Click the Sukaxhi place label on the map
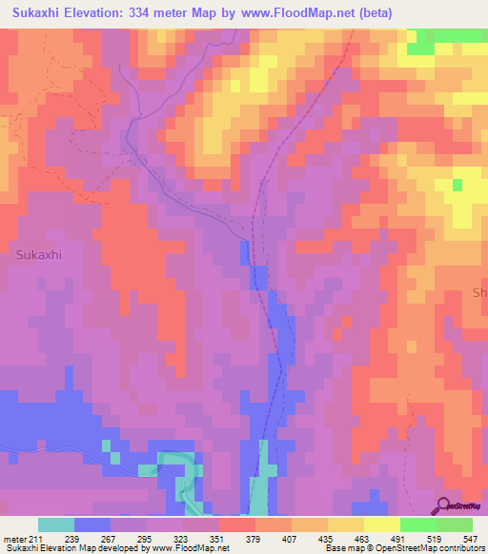40,255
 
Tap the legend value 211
37,540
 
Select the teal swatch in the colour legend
56,525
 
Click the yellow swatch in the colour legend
382,525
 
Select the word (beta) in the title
385,12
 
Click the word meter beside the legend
16,540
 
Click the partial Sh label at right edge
479,294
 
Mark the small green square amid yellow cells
458,185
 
